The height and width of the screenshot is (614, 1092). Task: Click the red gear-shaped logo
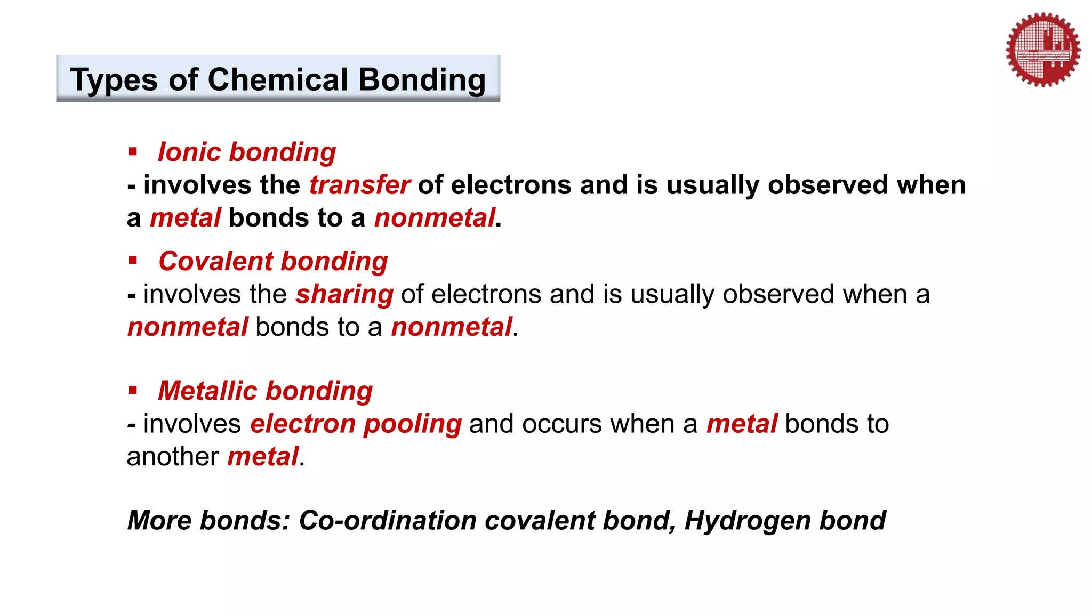point(1043,50)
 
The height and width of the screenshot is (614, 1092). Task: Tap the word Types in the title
point(114,80)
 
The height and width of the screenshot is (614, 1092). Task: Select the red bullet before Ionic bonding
point(133,152)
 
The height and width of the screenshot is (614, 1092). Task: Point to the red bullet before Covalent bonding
point(133,261)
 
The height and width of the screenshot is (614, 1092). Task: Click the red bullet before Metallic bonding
point(133,391)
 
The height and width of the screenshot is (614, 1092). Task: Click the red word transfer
point(359,185)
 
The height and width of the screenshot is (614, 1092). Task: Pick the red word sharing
point(344,294)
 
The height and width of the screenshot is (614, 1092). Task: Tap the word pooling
point(412,424)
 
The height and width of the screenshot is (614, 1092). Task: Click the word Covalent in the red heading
point(216,261)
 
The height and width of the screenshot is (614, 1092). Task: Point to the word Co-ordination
point(388,520)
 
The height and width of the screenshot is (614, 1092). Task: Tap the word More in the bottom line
point(159,520)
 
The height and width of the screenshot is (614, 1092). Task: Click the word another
point(173,457)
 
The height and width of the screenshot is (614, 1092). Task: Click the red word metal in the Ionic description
point(185,218)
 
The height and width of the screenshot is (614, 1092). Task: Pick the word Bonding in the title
point(422,80)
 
